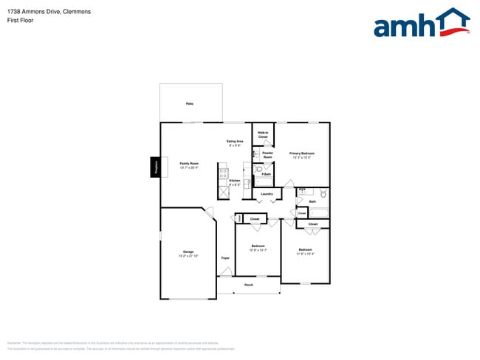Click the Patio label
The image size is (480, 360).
(190, 104)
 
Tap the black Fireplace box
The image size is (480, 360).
(156, 167)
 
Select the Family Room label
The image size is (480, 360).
(189, 164)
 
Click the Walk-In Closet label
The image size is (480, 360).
(263, 134)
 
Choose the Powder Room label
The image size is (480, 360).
(267, 155)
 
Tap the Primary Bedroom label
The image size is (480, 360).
(302, 155)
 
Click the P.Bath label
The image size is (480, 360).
(266, 174)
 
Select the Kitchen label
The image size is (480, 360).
(234, 181)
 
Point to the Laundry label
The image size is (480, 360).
(267, 194)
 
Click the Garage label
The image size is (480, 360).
(188, 253)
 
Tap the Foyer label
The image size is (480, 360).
(225, 257)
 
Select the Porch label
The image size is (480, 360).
(249, 284)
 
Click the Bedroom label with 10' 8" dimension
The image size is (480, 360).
(258, 247)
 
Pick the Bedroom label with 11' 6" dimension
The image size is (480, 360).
(305, 251)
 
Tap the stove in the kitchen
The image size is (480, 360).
(223, 174)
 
